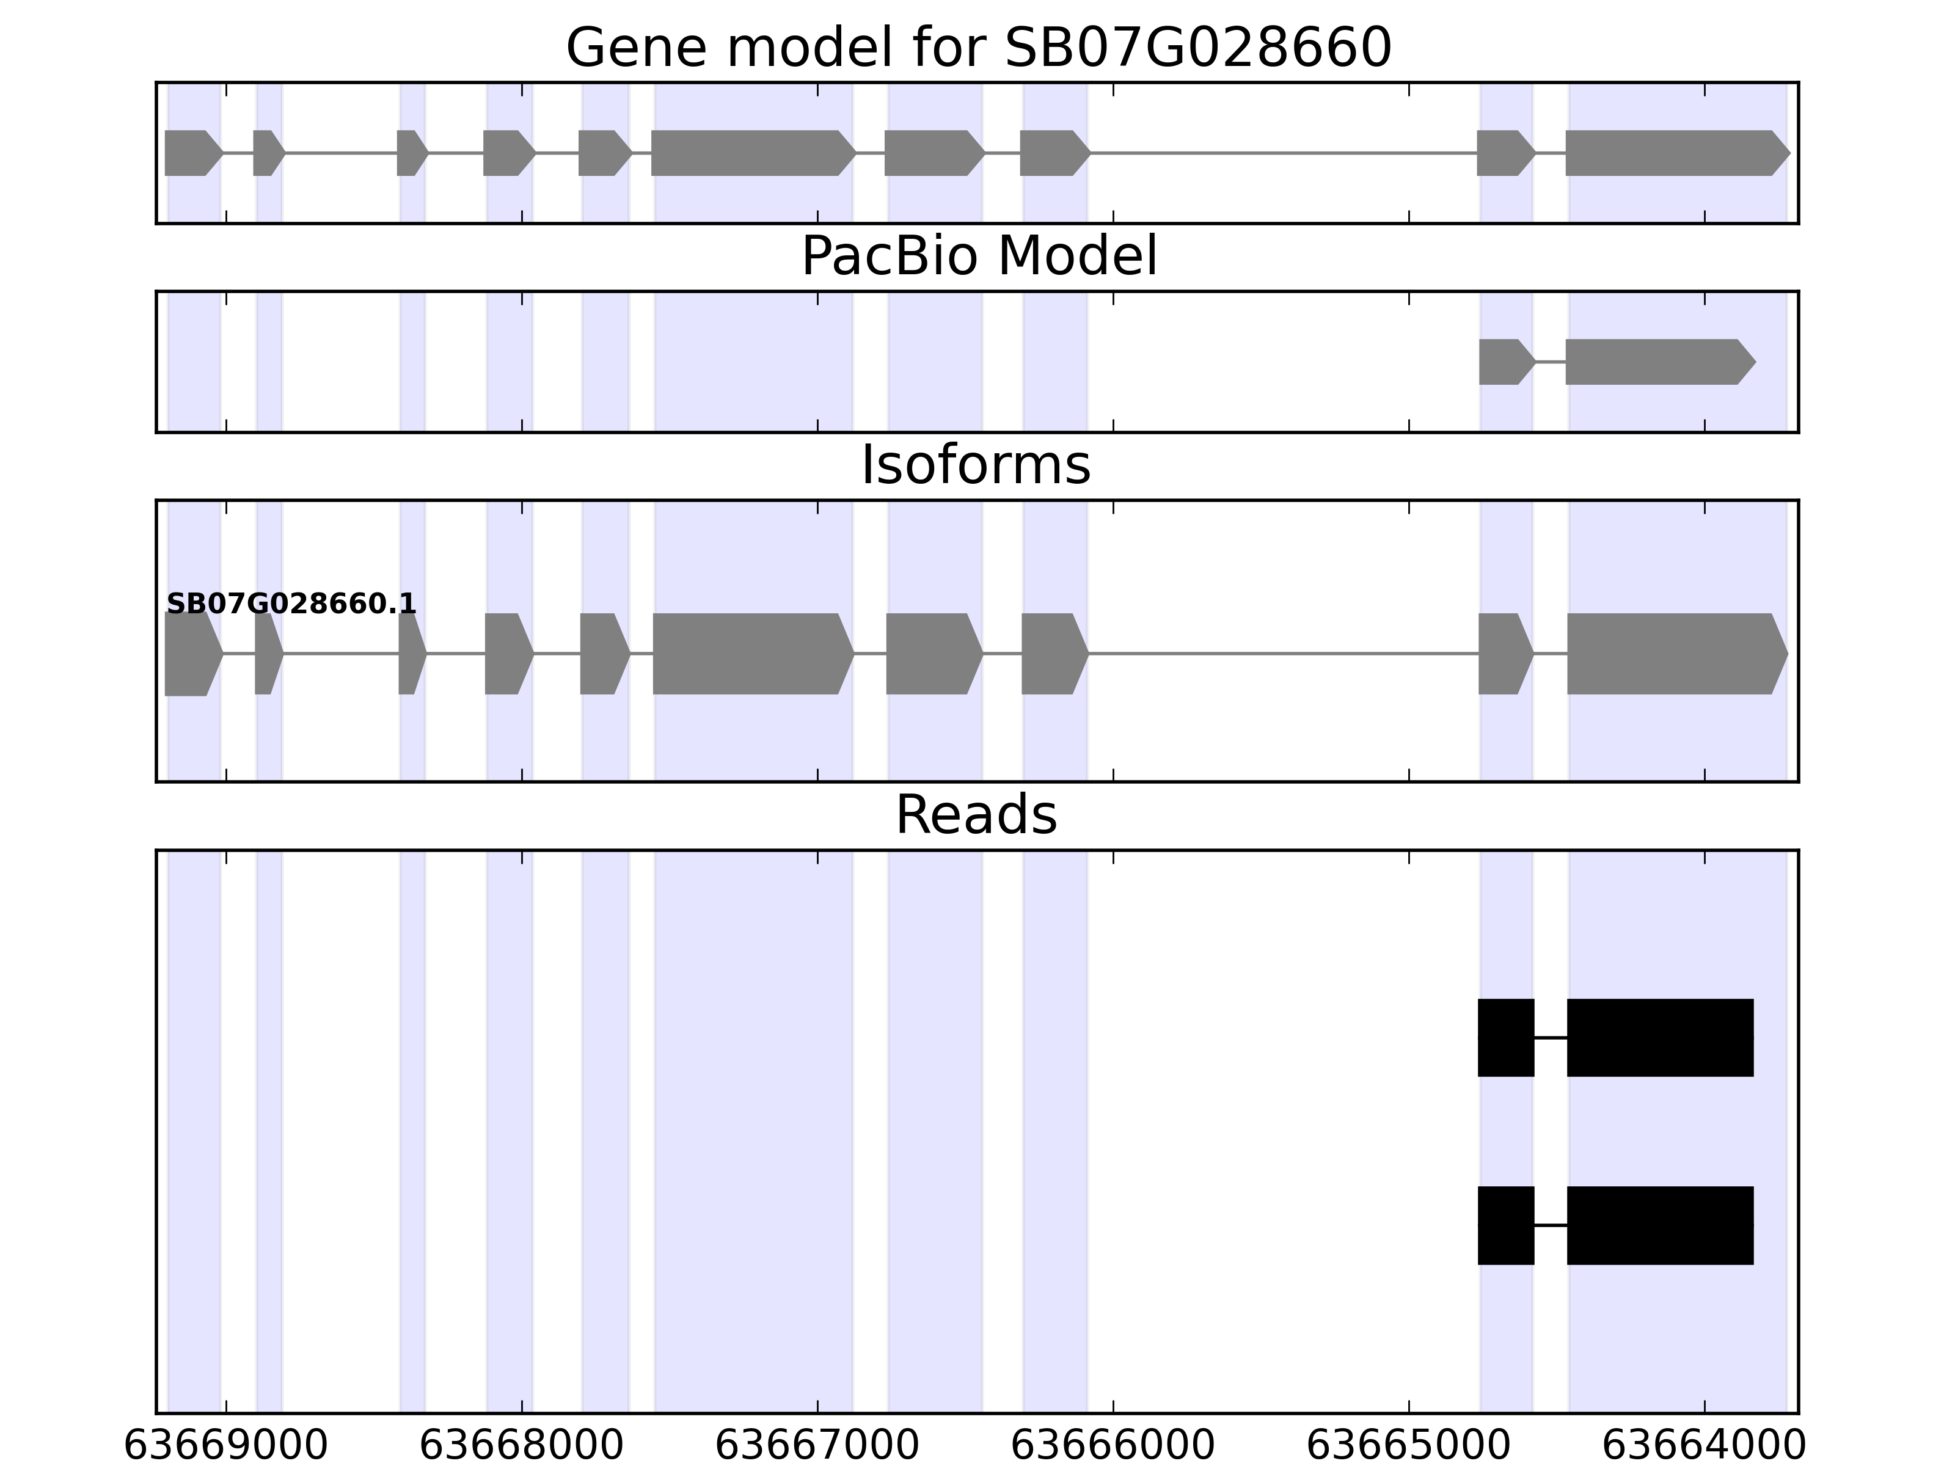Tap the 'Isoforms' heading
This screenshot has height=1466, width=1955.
[x=976, y=465]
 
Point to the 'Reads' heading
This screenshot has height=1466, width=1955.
[x=976, y=815]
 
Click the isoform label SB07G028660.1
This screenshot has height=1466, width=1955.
[x=291, y=605]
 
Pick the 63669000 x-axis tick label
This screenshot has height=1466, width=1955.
[x=225, y=1446]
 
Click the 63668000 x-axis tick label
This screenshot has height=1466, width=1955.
[x=522, y=1446]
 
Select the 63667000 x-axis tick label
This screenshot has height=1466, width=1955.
[x=817, y=1446]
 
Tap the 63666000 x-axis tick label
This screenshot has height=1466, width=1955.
[x=1113, y=1446]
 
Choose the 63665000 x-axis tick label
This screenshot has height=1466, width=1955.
[x=1409, y=1446]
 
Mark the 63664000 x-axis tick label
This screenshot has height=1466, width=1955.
[x=1704, y=1446]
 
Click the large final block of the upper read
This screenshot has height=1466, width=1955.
[x=1660, y=1037]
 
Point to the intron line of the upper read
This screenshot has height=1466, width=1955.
[x=1550, y=1037]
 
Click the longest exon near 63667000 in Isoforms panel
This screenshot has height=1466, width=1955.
[x=751, y=654]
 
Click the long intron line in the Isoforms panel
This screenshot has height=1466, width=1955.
[x=1282, y=654]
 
